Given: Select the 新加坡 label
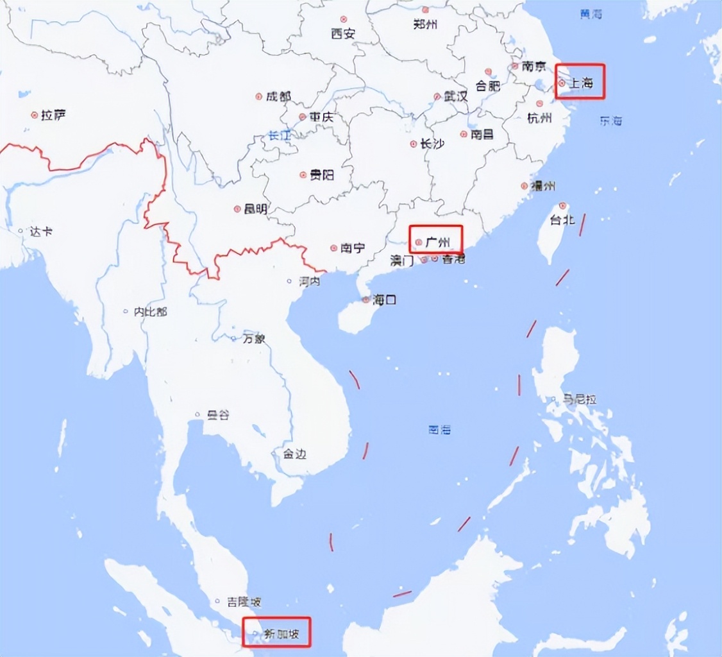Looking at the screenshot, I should (281, 633).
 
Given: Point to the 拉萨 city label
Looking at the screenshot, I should (53, 115).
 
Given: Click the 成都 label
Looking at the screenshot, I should (278, 97).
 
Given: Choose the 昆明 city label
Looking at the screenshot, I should (255, 209).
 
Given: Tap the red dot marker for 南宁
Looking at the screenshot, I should (333, 248).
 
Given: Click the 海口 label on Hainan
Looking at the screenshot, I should (385, 300).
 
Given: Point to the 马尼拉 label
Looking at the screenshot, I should (580, 399).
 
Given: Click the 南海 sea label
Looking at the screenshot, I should (440, 430).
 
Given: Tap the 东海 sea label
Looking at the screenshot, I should (610, 121).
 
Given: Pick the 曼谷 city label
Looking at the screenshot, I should (217, 415).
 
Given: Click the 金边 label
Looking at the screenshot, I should (294, 454).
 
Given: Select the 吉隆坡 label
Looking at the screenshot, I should (244, 602).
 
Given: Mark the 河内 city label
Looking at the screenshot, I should (310, 282).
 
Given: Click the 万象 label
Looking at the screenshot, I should (253, 339).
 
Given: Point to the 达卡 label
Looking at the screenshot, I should (40, 232).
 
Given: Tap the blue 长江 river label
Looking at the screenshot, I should (280, 136).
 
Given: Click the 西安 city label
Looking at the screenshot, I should (343, 34).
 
